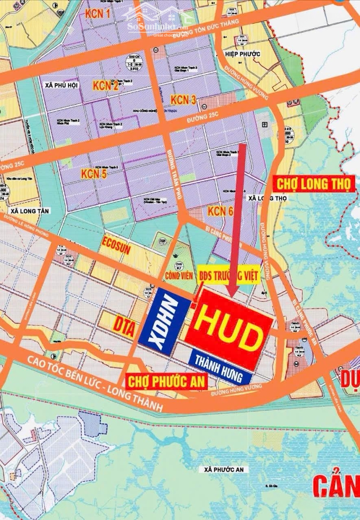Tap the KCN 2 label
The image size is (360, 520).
[106, 86]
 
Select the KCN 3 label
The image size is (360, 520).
[183, 100]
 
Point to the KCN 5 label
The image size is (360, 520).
[93, 174]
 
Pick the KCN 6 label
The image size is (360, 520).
[221, 210]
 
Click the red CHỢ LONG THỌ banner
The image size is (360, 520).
[314, 183]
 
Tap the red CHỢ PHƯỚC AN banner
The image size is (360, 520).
[166, 382]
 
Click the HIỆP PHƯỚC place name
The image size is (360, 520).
[243, 54]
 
